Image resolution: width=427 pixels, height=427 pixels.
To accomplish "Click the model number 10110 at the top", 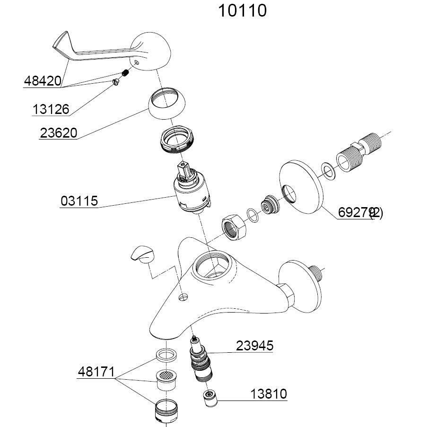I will [242, 10].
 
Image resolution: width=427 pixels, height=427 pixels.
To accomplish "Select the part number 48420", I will [42, 81].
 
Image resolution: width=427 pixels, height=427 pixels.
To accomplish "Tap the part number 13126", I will [51, 110].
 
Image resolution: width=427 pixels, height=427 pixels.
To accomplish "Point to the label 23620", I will [58, 133].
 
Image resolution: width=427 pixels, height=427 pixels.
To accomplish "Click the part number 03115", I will [79, 201].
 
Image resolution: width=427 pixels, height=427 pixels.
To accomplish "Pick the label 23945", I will [255, 346].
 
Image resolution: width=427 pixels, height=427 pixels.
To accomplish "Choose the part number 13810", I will [269, 393].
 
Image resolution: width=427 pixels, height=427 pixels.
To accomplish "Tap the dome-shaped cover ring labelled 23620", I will [166, 105].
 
